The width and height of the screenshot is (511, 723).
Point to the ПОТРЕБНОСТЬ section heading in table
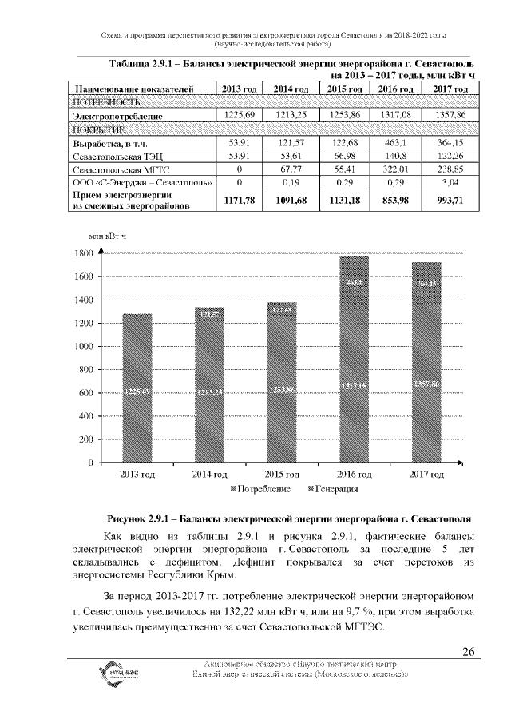[x=107, y=102]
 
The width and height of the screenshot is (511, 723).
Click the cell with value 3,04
[x=449, y=184]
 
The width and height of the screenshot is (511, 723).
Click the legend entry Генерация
[x=331, y=488]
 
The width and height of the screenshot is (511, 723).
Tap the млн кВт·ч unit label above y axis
[x=103, y=237]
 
